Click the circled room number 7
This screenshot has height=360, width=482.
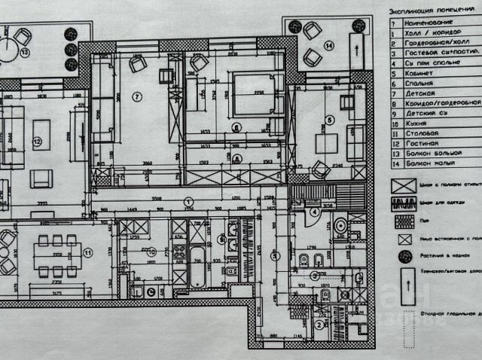pyautogui.click(x=136, y=96)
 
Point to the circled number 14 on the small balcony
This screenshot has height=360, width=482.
pyautogui.click(x=328, y=46)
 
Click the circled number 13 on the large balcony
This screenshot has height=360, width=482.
pyautogui.click(x=24, y=53)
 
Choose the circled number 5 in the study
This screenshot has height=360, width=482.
pyautogui.click(x=330, y=120)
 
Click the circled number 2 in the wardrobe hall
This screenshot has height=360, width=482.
pyautogui.click(x=319, y=325)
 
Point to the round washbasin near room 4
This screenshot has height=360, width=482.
pyautogui.click(x=340, y=224)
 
